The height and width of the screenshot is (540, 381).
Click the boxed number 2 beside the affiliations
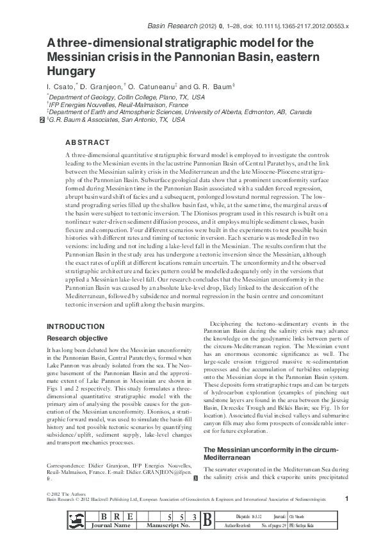[x=42, y=120]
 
